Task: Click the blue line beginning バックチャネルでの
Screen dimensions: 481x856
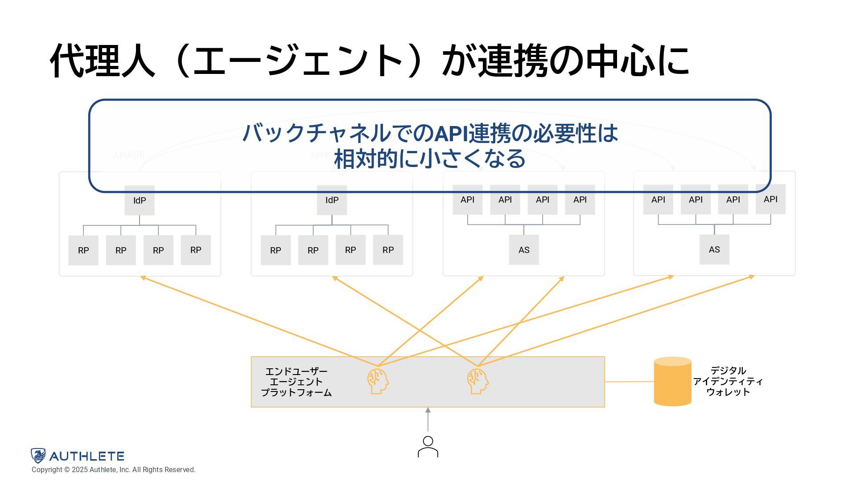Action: click(x=430, y=133)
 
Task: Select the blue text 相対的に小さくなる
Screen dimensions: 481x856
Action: click(x=430, y=159)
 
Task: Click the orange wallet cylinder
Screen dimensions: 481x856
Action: click(x=672, y=381)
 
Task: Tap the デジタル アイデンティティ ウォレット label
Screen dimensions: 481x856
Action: click(x=728, y=381)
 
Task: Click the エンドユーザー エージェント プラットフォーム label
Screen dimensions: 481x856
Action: click(x=296, y=382)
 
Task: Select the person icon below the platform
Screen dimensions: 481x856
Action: click(x=428, y=447)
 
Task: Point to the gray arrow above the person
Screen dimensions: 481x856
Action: click(x=428, y=420)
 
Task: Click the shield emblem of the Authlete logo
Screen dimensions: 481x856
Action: click(x=38, y=456)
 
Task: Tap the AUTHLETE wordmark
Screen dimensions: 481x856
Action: click(x=86, y=456)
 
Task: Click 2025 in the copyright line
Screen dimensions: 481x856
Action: click(x=80, y=470)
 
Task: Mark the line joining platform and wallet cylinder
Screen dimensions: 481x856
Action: click(x=629, y=382)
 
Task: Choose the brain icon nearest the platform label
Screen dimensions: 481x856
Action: click(x=378, y=381)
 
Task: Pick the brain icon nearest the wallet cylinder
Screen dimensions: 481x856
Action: click(x=478, y=381)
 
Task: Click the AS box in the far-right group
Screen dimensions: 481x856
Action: click(x=714, y=249)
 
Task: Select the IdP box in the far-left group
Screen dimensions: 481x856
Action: click(x=140, y=200)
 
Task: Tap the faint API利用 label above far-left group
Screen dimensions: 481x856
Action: click(x=129, y=155)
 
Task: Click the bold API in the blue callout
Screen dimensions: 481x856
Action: click(x=451, y=133)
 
